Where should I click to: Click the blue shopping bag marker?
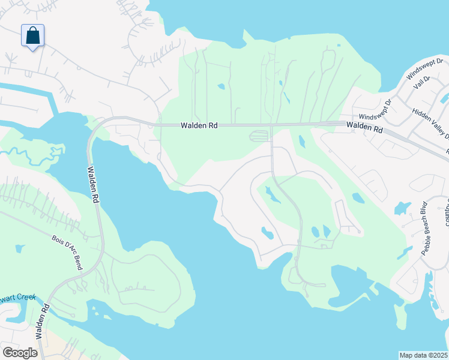point(32,35)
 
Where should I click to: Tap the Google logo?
point(20,353)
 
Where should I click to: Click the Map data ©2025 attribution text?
point(424,355)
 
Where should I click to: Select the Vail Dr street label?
point(423,84)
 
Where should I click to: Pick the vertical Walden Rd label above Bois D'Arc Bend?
point(94,185)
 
